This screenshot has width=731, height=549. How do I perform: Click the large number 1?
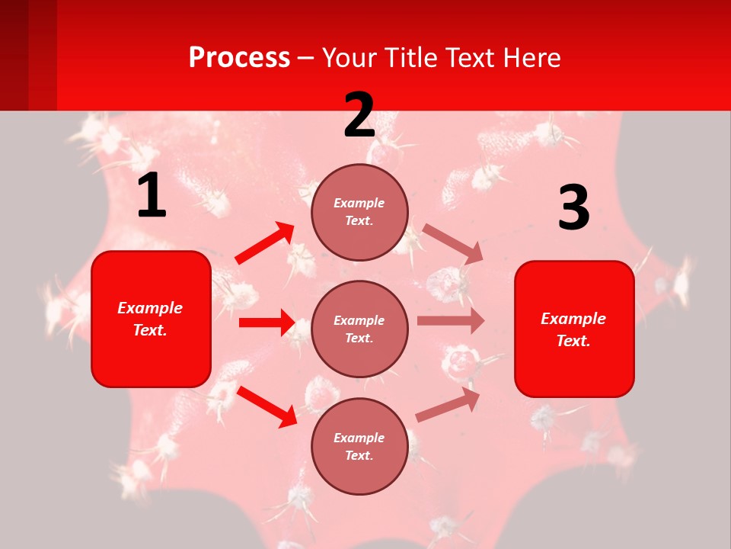[152, 196]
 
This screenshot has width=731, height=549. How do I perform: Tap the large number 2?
[359, 115]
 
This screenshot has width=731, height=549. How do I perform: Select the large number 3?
[573, 208]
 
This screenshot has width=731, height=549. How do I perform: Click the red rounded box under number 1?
[151, 319]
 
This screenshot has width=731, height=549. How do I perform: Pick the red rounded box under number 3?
[574, 329]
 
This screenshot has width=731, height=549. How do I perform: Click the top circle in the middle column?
[359, 212]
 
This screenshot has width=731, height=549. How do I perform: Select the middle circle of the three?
[359, 329]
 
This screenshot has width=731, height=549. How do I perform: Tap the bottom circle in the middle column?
[359, 447]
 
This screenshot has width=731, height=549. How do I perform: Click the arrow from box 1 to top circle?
[265, 243]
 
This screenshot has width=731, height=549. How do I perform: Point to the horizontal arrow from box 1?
[267, 323]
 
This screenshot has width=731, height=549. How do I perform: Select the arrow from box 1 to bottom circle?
[267, 406]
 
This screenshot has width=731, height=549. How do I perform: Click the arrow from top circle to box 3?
[452, 243]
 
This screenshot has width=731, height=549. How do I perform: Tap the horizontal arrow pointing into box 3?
[451, 321]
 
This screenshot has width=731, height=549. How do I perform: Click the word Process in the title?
[239, 57]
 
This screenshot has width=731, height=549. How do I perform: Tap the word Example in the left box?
[150, 308]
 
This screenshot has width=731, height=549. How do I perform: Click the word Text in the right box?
[573, 341]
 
